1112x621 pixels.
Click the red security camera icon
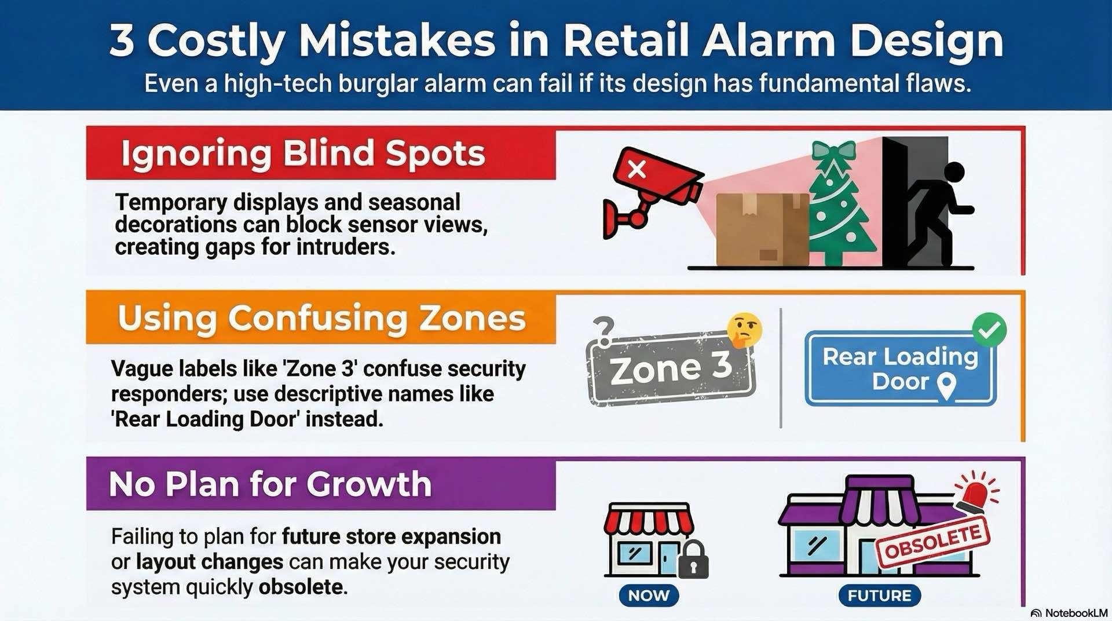coord(654,185)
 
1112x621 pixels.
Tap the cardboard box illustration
coord(762,229)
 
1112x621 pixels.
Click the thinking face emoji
coord(744,330)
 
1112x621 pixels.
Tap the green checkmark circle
coord(989,330)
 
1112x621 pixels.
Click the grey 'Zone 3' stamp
coord(670,368)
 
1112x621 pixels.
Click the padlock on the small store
coord(693,561)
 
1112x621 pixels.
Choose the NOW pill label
coord(649,596)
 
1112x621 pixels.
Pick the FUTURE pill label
coord(879,596)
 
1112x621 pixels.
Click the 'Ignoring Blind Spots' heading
coord(302,154)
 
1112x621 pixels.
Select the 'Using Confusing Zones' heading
coord(321,318)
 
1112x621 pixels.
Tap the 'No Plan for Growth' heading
coord(270,484)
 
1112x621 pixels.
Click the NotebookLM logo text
coord(1076,613)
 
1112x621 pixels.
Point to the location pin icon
coord(946,385)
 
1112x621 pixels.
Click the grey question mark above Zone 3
coord(603,331)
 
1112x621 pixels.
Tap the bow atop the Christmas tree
coord(833,150)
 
